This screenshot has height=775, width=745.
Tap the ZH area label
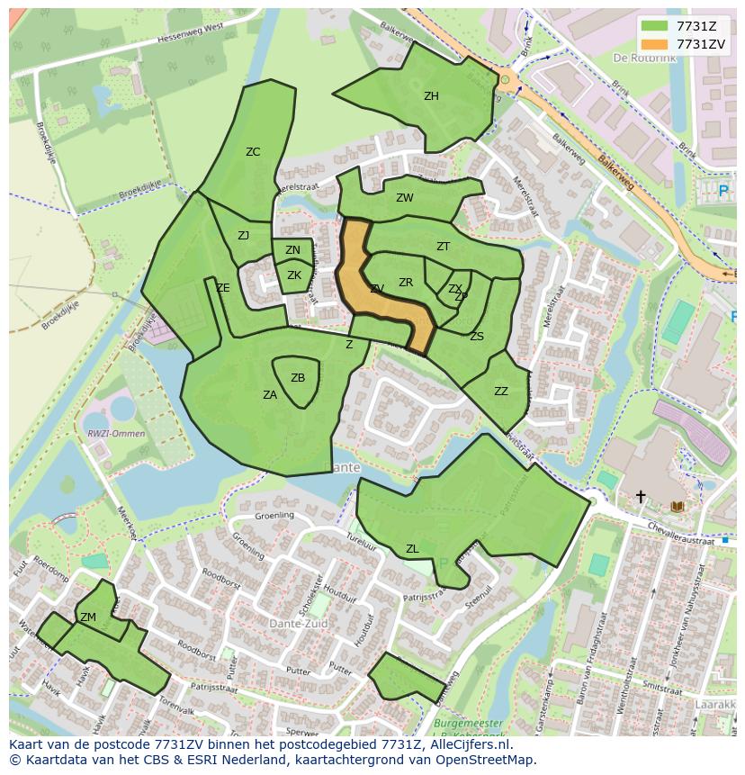(x=431, y=96)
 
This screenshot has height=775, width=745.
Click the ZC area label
(x=253, y=152)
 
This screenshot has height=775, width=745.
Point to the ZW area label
(x=405, y=198)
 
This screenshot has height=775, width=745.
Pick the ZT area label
(x=443, y=247)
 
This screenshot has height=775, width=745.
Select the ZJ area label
(x=243, y=236)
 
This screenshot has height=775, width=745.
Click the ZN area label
(x=292, y=251)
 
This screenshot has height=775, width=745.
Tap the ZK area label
(x=293, y=275)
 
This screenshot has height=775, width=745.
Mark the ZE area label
(x=223, y=288)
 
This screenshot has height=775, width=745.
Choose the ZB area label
(x=298, y=378)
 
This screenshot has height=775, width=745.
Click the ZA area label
(x=270, y=395)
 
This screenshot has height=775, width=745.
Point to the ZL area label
(x=412, y=549)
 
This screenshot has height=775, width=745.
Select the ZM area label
(x=88, y=617)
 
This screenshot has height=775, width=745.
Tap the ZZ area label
(x=501, y=392)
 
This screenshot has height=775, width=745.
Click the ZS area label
(x=477, y=337)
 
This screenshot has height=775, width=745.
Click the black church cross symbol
(x=641, y=496)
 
